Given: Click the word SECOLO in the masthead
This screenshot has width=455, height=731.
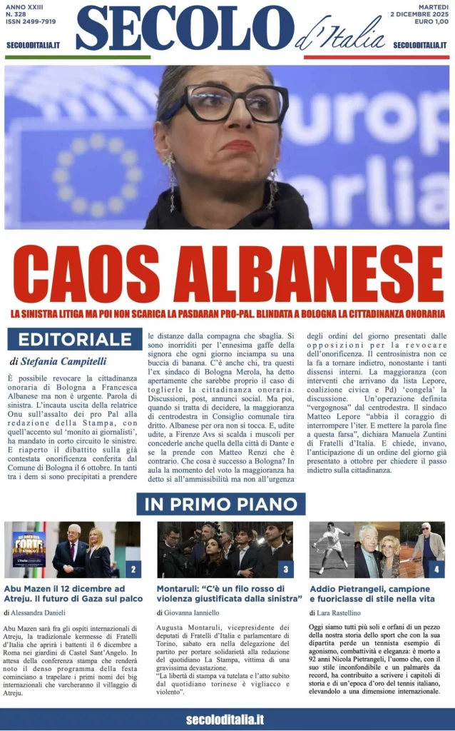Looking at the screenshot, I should pyautogui.click(x=185, y=29).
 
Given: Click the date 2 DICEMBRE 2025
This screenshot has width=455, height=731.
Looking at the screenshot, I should pyautogui.click(x=418, y=14).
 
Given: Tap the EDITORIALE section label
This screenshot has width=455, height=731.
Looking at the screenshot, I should pyautogui.click(x=75, y=339).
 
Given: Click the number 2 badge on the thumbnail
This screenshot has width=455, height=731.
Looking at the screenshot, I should pyautogui.click(x=133, y=570).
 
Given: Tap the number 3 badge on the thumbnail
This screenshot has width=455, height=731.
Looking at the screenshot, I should pyautogui.click(x=285, y=570).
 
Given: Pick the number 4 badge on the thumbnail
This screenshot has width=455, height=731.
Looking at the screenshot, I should pyautogui.click(x=436, y=570).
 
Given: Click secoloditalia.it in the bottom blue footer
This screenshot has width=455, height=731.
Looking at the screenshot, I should pyautogui.click(x=225, y=720).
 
